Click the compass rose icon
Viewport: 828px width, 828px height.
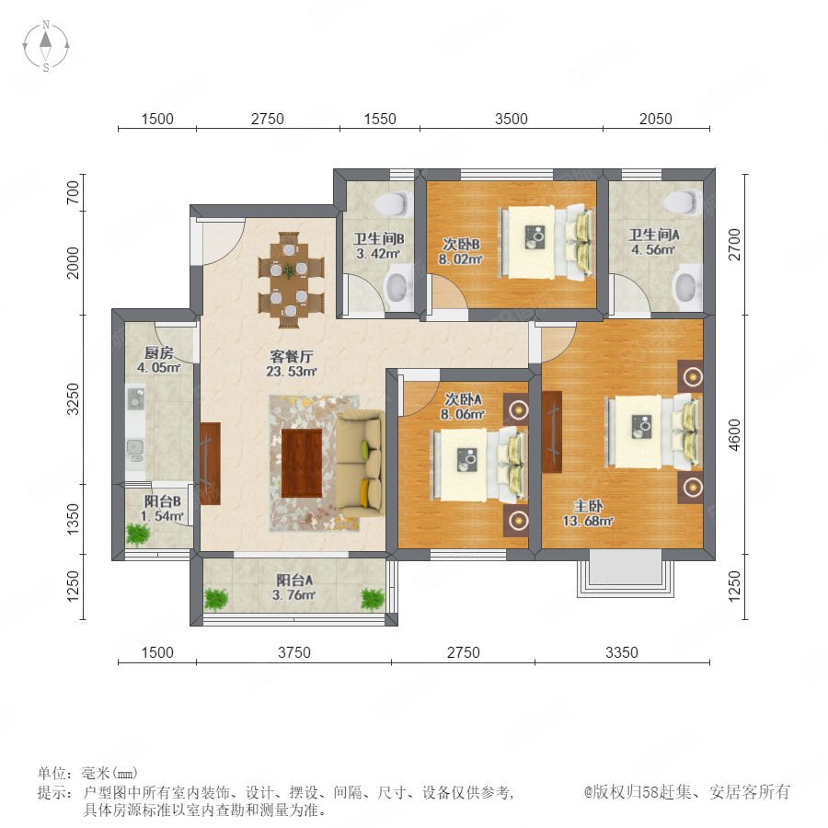[x=46, y=45]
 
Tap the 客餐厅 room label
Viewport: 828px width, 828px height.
[x=291, y=356]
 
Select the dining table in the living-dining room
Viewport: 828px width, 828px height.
[x=290, y=279]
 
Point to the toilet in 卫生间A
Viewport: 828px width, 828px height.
[x=684, y=202]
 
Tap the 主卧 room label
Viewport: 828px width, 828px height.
[x=588, y=506]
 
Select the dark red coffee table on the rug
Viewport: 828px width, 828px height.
[x=302, y=463]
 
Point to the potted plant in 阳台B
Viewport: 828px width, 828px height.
[x=138, y=534]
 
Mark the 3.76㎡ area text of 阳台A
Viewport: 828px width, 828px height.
[x=293, y=595]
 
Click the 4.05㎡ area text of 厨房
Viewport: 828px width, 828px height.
[x=159, y=367]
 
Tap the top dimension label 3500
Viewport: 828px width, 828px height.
[x=512, y=119]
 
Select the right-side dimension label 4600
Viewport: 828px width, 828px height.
[x=734, y=435]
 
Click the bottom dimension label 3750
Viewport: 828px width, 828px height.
[x=294, y=652]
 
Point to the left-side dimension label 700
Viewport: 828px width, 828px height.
[x=74, y=192]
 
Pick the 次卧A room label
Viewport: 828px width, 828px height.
[x=463, y=399]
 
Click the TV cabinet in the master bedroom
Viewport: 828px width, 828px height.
[x=551, y=432]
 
